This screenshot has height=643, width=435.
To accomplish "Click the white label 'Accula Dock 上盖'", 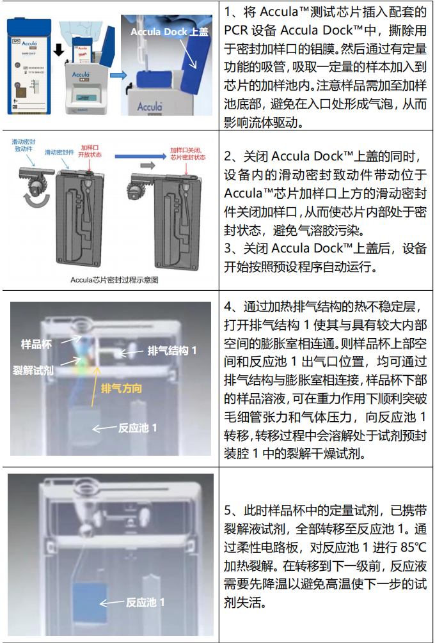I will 169,31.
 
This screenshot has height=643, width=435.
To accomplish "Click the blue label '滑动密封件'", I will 60,153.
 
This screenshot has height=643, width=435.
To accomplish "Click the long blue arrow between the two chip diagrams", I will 135,155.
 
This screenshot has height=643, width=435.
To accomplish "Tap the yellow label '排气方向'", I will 121,388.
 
